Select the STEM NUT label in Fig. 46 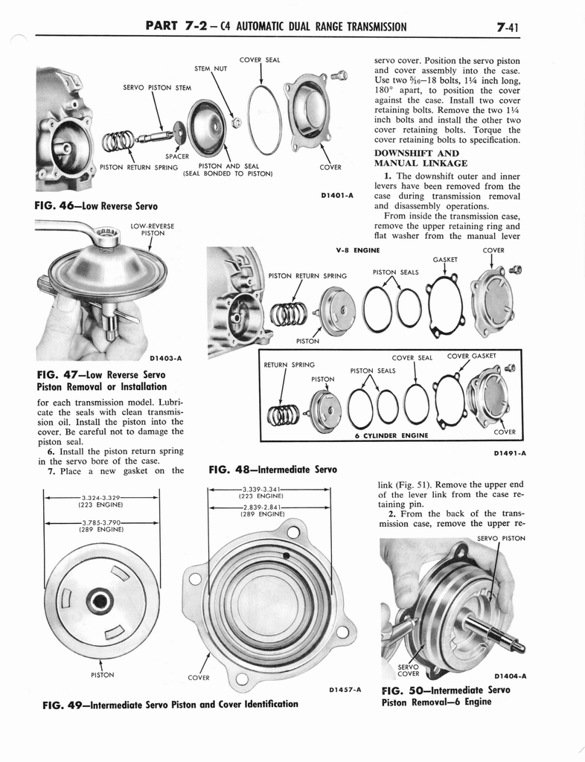(x=210, y=69)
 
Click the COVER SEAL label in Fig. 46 (x=259, y=59)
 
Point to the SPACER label (x=176, y=156)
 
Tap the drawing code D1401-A (x=336, y=196)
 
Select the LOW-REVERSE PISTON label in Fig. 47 (x=152, y=229)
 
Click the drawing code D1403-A (x=166, y=358)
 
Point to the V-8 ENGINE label (x=358, y=250)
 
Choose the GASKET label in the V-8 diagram (x=444, y=260)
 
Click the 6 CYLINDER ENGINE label (x=391, y=435)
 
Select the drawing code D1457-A (x=344, y=689)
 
